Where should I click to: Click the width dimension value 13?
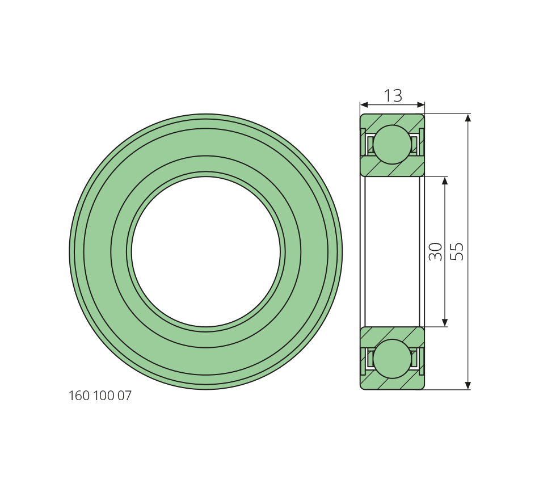point(393,95)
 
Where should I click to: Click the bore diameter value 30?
point(436,252)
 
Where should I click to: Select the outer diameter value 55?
point(457,252)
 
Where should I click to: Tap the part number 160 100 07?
point(100,396)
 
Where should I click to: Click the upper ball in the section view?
point(392,145)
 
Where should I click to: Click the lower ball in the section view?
point(392,359)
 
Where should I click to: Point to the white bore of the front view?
point(206,252)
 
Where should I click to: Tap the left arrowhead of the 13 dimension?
point(364,104)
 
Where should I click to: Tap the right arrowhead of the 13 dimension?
point(421,104)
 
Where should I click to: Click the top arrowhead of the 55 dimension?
point(468,118)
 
